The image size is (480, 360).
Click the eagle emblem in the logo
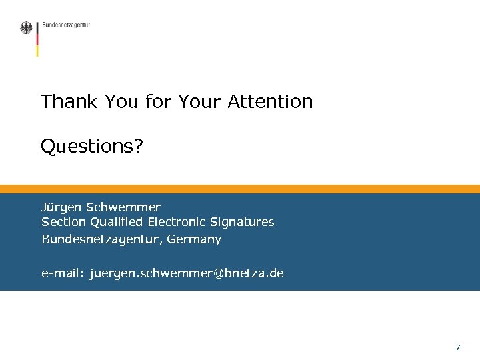26,28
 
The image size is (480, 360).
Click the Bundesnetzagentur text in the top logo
66,25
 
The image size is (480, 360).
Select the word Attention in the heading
270,102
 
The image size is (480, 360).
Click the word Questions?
92,146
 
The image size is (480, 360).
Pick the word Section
63,222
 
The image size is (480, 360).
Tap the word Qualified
117,222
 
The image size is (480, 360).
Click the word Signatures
242,222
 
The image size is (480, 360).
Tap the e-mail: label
63,273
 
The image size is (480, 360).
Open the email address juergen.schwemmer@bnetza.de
187,273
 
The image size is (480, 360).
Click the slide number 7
457,348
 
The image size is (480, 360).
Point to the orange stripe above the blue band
240,189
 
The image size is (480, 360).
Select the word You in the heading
123,102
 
